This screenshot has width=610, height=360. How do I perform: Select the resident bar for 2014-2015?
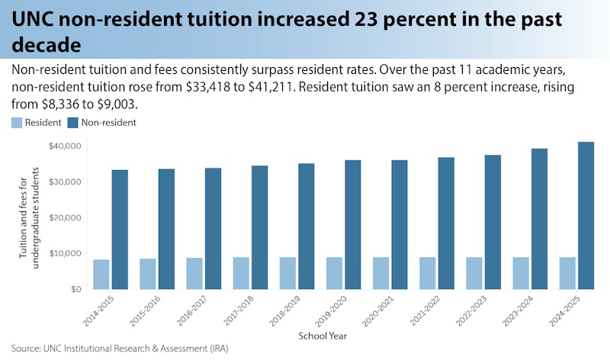(x=101, y=274)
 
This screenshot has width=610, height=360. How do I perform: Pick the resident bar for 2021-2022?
(x=426, y=273)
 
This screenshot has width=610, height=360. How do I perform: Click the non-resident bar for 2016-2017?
(x=214, y=229)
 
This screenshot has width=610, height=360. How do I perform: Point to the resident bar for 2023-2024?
(x=519, y=273)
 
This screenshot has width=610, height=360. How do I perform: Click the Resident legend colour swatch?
(x=17, y=122)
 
